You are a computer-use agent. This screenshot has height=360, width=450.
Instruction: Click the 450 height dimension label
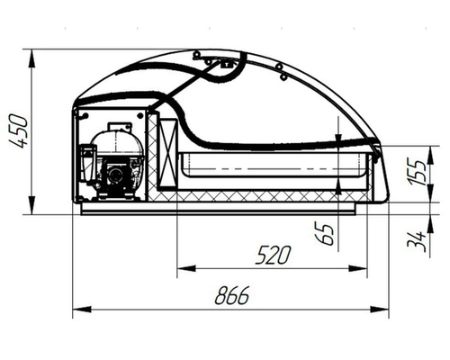[19, 131]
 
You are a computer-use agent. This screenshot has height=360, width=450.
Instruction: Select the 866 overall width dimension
[232, 295]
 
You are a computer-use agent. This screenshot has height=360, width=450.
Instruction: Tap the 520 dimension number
[273, 255]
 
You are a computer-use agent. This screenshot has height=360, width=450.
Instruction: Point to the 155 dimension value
[417, 173]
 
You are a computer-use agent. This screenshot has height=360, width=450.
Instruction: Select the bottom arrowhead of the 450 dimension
[31, 205]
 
